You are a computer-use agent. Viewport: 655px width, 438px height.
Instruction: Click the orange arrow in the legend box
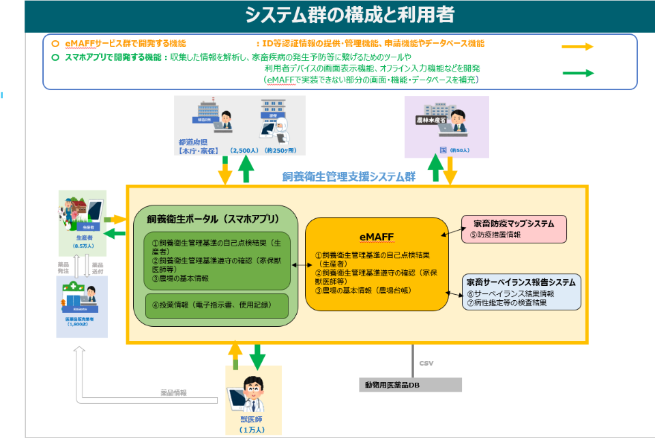[577, 47]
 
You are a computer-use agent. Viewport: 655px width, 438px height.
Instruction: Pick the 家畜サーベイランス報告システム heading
[521, 281]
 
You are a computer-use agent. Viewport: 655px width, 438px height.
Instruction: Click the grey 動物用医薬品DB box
[410, 385]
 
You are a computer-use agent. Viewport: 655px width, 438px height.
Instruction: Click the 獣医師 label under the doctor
[252, 420]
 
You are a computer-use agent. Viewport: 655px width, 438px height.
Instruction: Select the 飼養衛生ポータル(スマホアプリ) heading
[214, 219]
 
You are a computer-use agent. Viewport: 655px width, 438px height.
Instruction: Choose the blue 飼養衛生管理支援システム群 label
[349, 176]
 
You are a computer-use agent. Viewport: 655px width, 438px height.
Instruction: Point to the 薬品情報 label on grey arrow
[173, 393]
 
